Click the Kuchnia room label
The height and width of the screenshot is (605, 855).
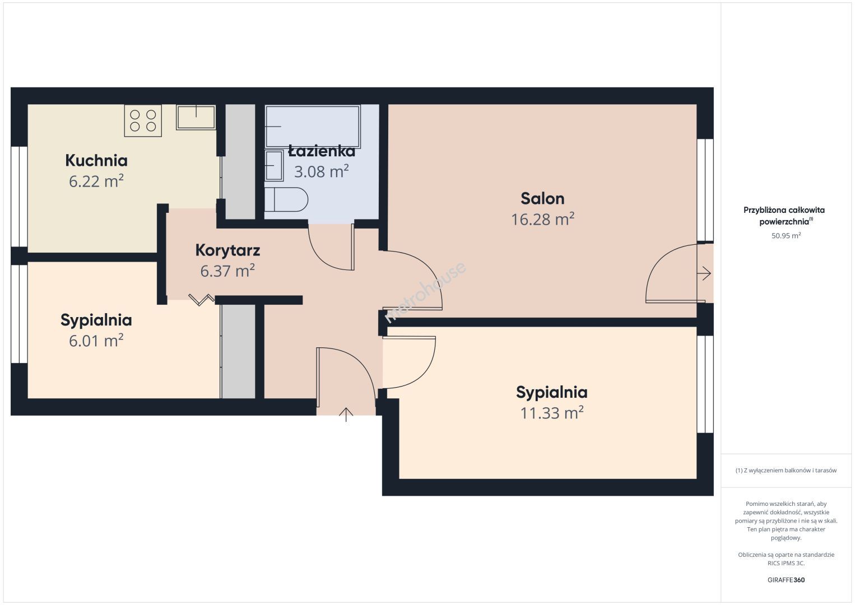click(x=96, y=160)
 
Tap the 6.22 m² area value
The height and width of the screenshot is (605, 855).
click(x=96, y=181)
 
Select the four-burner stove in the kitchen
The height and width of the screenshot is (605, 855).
click(x=143, y=120)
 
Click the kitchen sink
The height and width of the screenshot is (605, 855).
click(x=196, y=117)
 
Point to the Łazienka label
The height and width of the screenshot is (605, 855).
click(x=322, y=151)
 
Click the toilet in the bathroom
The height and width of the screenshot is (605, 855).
click(x=286, y=199)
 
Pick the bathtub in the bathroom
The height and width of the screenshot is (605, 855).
click(x=313, y=127)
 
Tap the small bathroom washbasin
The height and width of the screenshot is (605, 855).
click(x=274, y=166)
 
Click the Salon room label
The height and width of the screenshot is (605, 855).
click(x=542, y=198)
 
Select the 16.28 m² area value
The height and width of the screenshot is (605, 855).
click(x=542, y=219)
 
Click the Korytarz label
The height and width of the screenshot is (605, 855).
click(x=227, y=250)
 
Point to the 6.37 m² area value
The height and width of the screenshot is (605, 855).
click(x=227, y=271)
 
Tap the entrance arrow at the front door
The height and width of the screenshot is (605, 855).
click(x=346, y=415)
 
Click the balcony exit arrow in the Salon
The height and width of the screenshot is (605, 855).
click(x=704, y=273)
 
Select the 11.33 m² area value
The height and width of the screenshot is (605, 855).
click(x=552, y=413)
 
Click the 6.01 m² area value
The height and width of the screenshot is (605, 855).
click(x=96, y=341)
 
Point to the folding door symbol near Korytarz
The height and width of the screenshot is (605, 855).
click(x=202, y=300)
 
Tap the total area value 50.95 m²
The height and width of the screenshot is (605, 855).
click(x=786, y=235)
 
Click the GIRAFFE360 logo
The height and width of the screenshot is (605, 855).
click(x=786, y=580)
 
